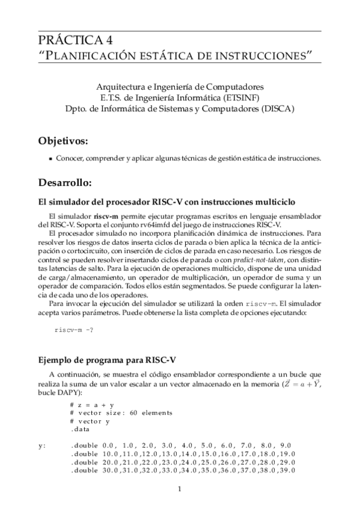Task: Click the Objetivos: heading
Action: tap(63, 141)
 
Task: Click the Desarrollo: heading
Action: tap(65, 182)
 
